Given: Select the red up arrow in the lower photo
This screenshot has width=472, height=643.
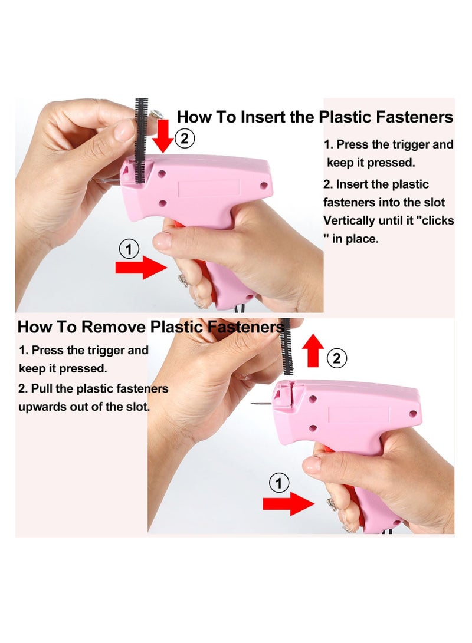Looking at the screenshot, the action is pyautogui.click(x=313, y=350).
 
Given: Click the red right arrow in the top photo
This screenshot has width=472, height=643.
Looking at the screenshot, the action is pyautogui.click(x=141, y=268).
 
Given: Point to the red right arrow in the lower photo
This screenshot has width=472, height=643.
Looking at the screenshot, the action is pyautogui.click(x=289, y=503).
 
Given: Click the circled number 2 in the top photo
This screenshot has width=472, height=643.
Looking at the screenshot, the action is pyautogui.click(x=184, y=139).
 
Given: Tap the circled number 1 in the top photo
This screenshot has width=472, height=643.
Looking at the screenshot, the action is pyautogui.click(x=129, y=249).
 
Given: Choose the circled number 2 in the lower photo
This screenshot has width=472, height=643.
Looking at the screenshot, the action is pyautogui.click(x=336, y=358).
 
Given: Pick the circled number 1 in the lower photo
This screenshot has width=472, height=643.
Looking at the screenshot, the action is pyautogui.click(x=279, y=483).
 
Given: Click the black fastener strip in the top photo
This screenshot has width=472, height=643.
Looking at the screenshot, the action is pyautogui.click(x=141, y=141).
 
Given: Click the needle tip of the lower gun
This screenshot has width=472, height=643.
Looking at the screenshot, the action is pyautogui.click(x=252, y=404).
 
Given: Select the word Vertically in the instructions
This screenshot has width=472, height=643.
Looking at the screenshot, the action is pyautogui.click(x=349, y=221).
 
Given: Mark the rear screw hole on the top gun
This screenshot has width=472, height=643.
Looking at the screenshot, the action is pyautogui.click(x=264, y=185).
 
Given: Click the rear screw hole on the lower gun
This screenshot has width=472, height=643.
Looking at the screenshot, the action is pyautogui.click(x=413, y=413).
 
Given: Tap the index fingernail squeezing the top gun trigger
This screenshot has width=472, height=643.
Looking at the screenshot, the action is pyautogui.click(x=162, y=240).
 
